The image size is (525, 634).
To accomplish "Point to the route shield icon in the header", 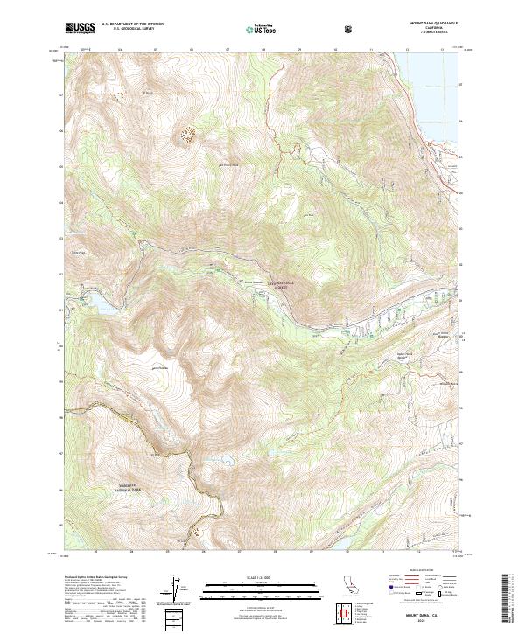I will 350,29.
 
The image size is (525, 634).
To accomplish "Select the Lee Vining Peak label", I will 227,164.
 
